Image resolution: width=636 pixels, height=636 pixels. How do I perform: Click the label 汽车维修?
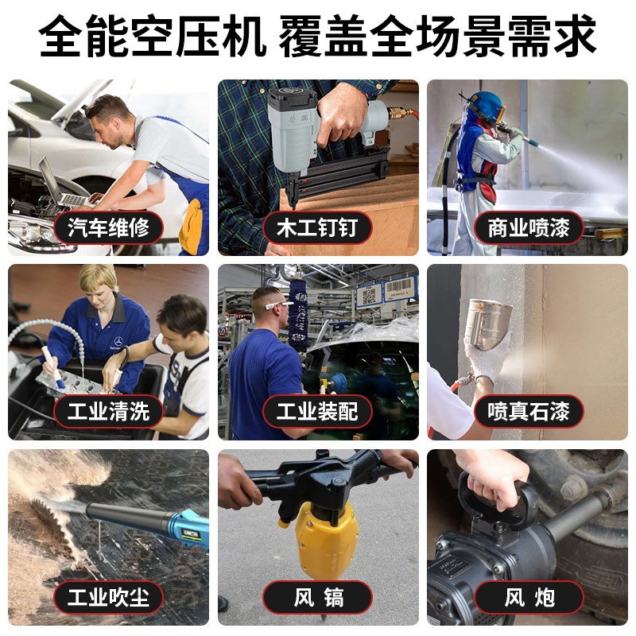(x=109, y=228)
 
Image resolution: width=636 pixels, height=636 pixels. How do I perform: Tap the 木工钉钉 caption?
(x=317, y=228)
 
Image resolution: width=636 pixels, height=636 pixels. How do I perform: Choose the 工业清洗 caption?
(x=109, y=411)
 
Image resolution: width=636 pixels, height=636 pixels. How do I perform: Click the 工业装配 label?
(x=317, y=411)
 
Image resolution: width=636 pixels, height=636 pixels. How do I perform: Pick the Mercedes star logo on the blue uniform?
(x=118, y=340)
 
